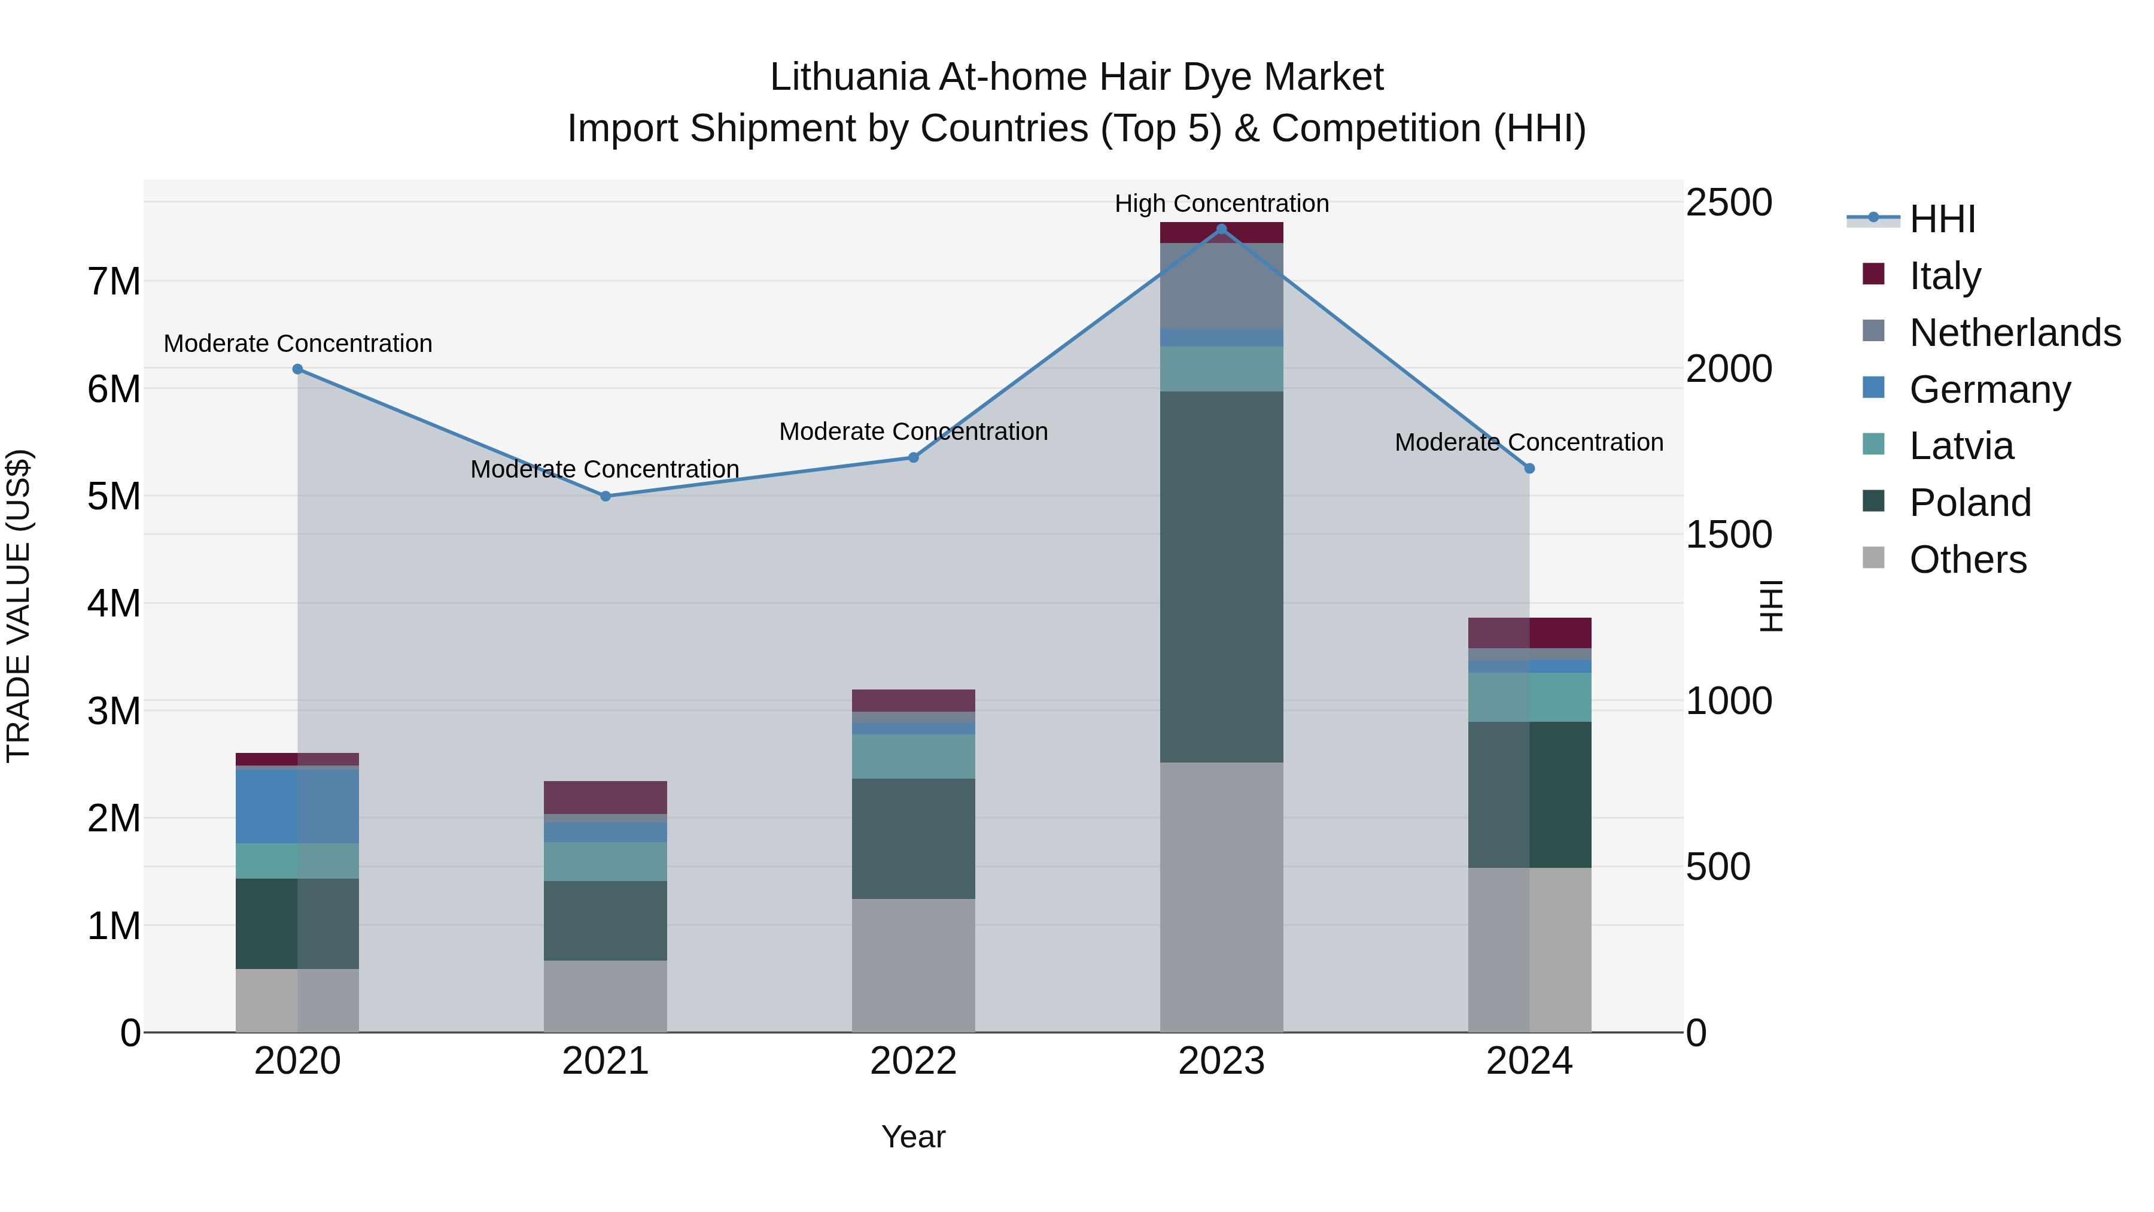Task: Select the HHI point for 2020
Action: click(298, 369)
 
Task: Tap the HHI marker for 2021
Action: click(606, 496)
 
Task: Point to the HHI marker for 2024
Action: click(1529, 469)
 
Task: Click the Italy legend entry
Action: click(1945, 275)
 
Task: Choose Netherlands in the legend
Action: click(2015, 332)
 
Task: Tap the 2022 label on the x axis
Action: click(913, 1061)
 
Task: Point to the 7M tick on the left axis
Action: click(114, 281)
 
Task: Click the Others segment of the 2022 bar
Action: click(913, 965)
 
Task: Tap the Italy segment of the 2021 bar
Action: click(606, 797)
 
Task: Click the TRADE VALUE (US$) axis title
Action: click(19, 606)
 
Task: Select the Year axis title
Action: click(913, 1137)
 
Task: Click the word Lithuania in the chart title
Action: click(848, 77)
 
